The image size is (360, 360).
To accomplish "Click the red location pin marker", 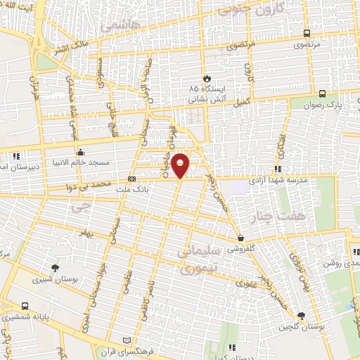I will (x=181, y=165).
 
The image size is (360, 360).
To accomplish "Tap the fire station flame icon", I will (x=205, y=78).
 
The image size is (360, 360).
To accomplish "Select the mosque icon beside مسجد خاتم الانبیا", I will (x=81, y=151).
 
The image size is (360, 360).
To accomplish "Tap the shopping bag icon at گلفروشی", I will (x=240, y=238).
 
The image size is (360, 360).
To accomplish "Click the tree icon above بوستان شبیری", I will (x=55, y=267).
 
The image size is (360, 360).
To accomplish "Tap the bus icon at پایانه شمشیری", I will (x=25, y=307).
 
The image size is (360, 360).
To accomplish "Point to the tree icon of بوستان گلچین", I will (x=301, y=316).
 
